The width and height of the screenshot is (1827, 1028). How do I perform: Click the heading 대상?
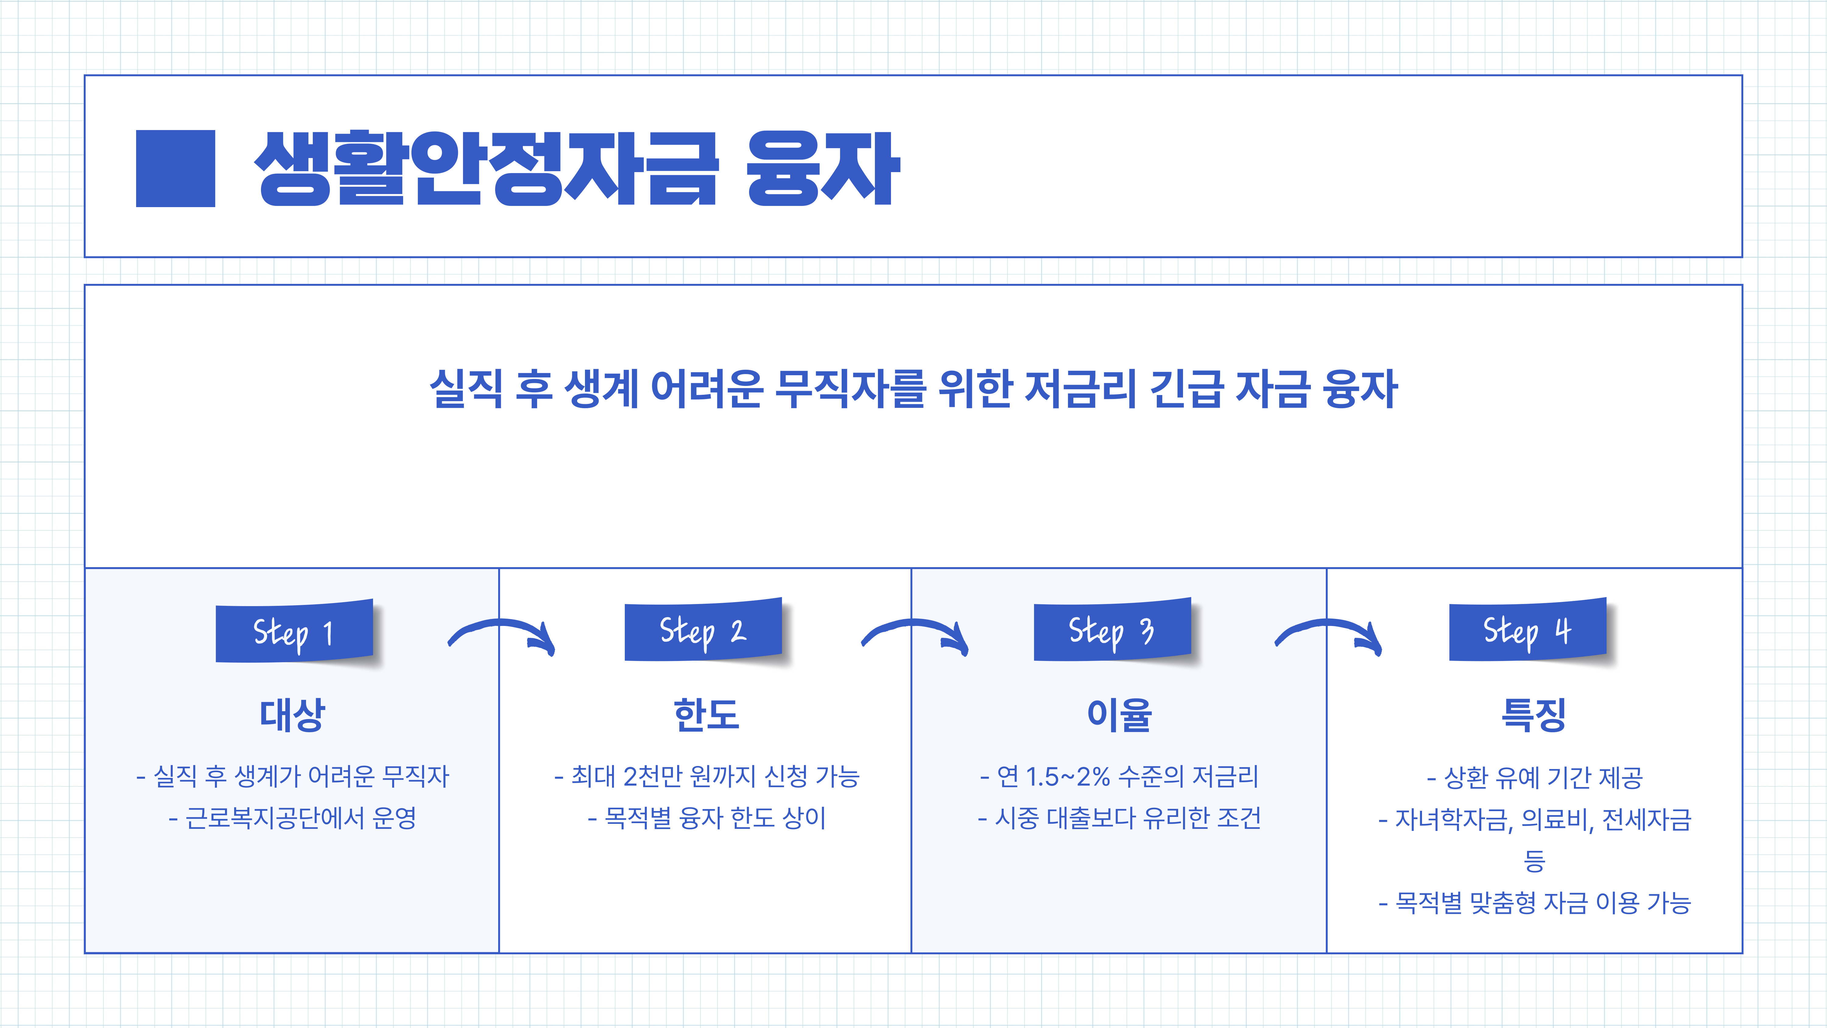point(292,714)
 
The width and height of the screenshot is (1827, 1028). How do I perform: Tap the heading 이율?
point(1119,714)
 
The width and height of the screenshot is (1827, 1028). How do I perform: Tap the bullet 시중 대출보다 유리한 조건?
point(1119,818)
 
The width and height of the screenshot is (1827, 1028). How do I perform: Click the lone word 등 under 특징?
point(1534,860)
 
